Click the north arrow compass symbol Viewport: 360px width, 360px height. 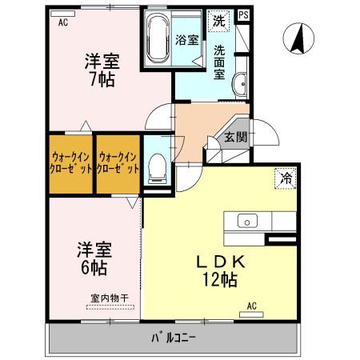coord(298,38)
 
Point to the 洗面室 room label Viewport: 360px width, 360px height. coord(220,62)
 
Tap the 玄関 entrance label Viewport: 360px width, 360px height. coord(235,137)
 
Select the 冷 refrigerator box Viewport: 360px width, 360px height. coord(284,178)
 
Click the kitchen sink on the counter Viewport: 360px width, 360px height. coord(246,220)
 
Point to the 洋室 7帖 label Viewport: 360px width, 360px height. coord(102,70)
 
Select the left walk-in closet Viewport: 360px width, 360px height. coord(70,163)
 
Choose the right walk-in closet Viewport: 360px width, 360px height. coord(118,163)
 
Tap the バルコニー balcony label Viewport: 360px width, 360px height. coord(173,337)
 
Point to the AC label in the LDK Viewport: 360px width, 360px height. coord(251,306)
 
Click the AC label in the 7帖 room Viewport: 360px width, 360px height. coord(62,23)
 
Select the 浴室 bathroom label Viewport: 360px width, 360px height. coord(188,41)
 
